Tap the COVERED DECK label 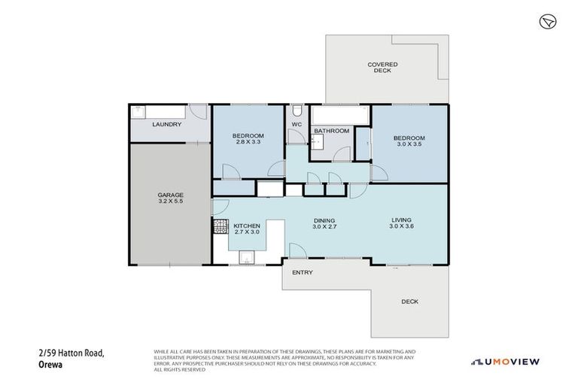pyautogui.click(x=382, y=68)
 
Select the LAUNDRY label pyautogui.click(x=166, y=124)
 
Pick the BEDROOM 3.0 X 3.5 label pyautogui.click(x=409, y=141)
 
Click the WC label pyautogui.click(x=297, y=124)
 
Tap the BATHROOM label pyautogui.click(x=332, y=131)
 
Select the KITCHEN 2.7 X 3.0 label pyautogui.click(x=247, y=229)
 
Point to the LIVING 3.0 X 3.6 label pyautogui.click(x=403, y=223)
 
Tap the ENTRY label pyautogui.click(x=302, y=273)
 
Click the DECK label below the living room pyautogui.click(x=409, y=302)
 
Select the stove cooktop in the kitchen pyautogui.click(x=221, y=226)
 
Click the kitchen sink pyautogui.click(x=246, y=258)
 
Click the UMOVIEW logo pyautogui.click(x=506, y=362)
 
